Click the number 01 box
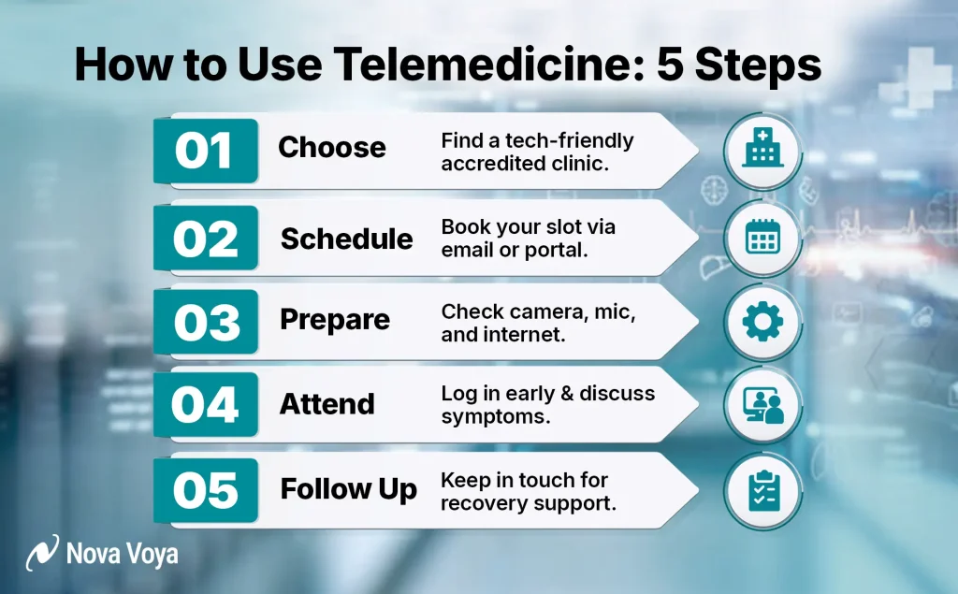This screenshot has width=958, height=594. [205, 151]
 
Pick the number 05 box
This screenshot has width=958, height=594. [205, 489]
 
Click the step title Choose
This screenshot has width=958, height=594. [332, 148]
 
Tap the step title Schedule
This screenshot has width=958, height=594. [347, 239]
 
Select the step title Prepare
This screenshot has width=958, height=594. [335, 320]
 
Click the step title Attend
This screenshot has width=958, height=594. [327, 404]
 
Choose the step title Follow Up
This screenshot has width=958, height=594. [349, 489]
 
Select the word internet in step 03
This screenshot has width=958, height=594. [529, 333]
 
